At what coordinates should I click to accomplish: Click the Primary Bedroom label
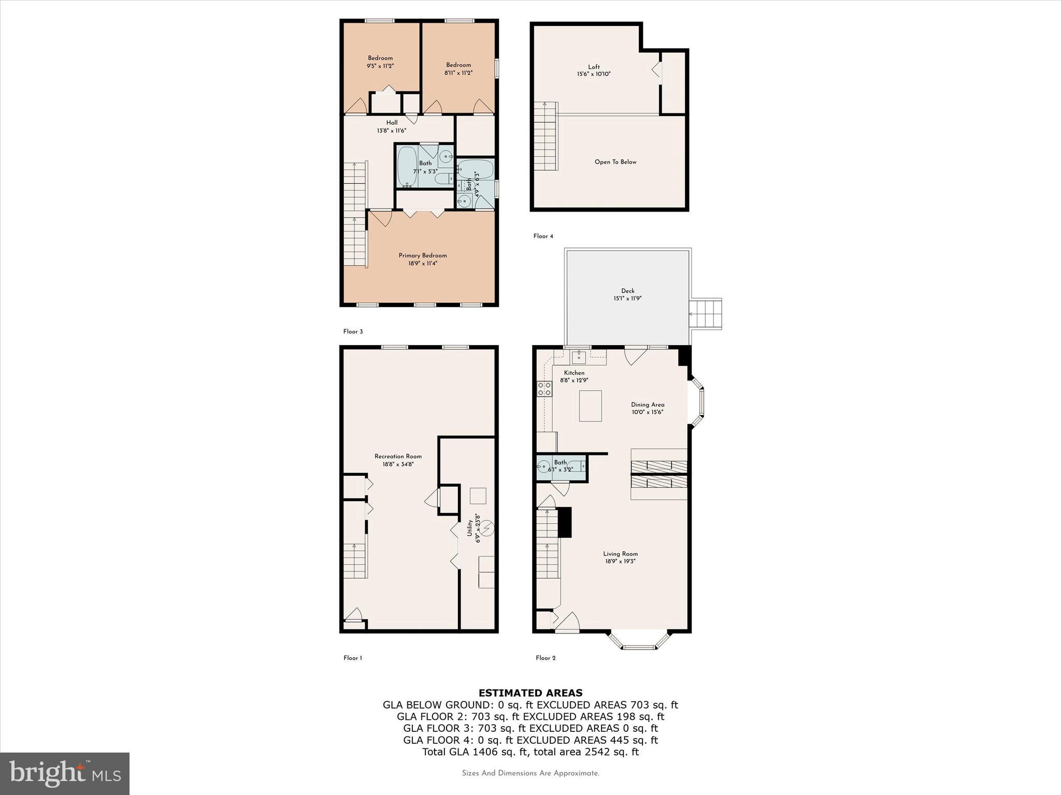(422, 255)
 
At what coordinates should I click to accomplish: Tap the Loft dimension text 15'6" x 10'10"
(594, 74)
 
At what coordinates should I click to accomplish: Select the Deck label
(627, 291)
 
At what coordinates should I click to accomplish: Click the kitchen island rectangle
(590, 406)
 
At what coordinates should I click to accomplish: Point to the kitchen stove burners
(544, 388)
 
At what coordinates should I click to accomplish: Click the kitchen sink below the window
(579, 357)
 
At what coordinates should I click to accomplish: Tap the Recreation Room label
(398, 457)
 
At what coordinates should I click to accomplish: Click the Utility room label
(470, 528)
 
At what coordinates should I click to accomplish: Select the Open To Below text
(615, 162)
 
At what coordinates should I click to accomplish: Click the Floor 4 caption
(543, 236)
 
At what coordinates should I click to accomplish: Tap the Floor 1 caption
(352, 658)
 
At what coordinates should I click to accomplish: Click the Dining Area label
(647, 405)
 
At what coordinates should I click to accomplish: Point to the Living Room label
(620, 554)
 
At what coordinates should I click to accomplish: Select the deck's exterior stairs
(706, 314)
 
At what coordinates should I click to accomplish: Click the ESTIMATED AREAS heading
(530, 693)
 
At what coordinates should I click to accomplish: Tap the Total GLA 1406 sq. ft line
(530, 752)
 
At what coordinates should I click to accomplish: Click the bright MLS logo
(65, 773)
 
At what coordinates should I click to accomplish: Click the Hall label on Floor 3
(392, 123)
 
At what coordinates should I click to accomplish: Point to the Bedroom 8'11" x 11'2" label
(458, 65)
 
